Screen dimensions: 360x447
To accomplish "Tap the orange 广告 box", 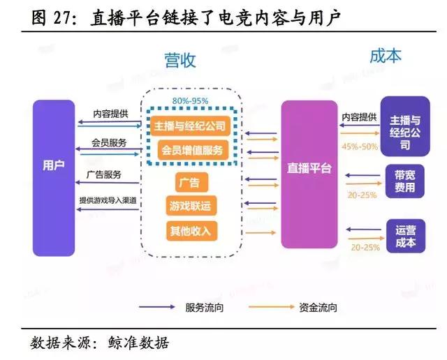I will pos(189,183).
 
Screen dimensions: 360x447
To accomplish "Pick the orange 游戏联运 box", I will pos(189,207).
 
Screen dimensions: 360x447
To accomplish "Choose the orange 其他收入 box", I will pos(189,230).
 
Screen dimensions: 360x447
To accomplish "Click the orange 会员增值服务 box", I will pos(189,149).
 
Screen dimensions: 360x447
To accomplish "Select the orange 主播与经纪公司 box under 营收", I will pos(189,126).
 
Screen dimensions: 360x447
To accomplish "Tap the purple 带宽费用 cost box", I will pos(405,181).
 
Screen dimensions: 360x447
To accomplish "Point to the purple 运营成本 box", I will pos(405,236).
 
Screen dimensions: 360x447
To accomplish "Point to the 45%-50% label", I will pos(360,147).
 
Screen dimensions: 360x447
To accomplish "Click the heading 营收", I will pos(180,60).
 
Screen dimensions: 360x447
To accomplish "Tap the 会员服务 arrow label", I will pos(109,142).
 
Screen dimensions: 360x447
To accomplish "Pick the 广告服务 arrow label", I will pos(104,173).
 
